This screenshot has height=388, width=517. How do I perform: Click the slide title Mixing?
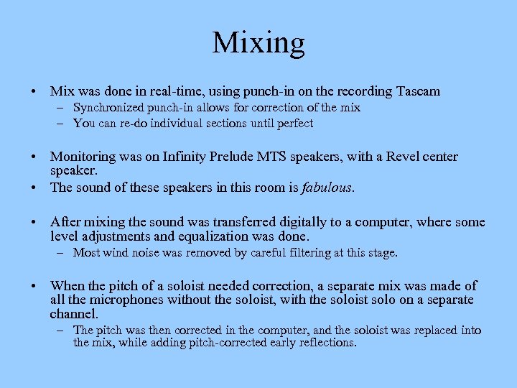(x=258, y=42)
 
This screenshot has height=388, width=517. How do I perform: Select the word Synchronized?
(x=107, y=108)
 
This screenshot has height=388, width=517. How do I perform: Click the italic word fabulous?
(x=329, y=188)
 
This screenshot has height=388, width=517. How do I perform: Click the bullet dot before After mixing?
(x=34, y=222)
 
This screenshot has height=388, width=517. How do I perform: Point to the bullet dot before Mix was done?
(x=34, y=91)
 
